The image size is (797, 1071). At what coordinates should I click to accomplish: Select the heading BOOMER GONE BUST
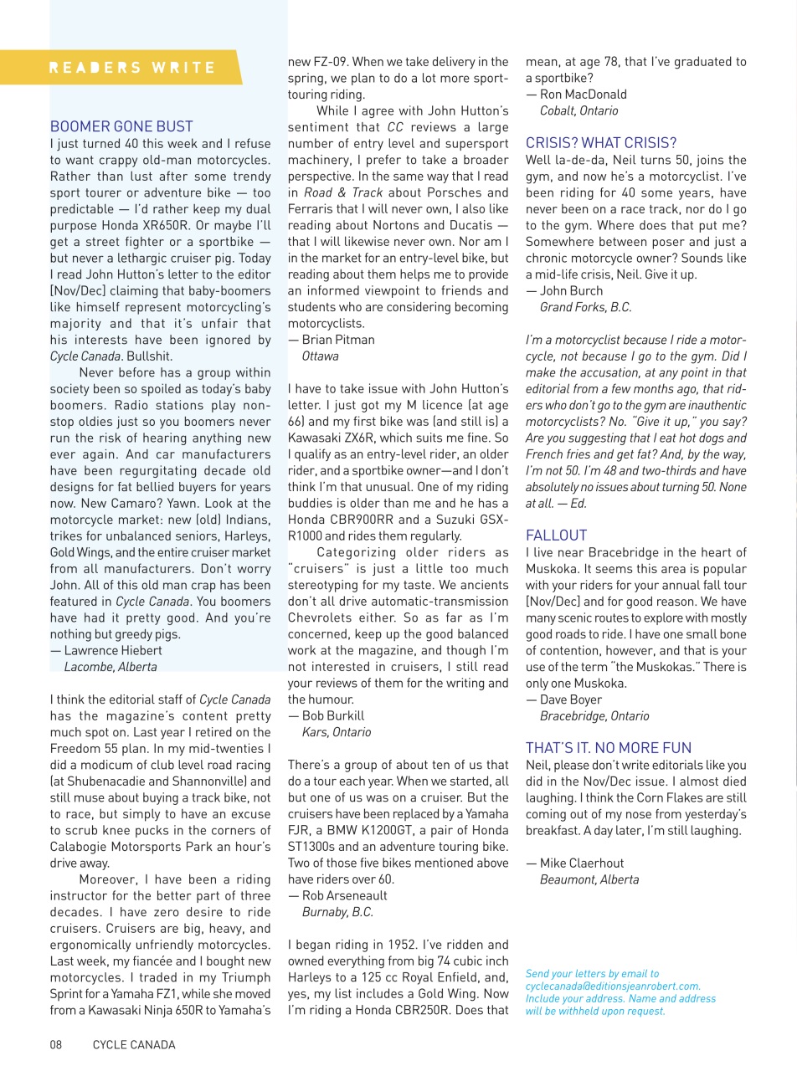click(x=121, y=127)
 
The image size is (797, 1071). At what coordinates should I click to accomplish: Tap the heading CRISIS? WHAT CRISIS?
click(x=601, y=143)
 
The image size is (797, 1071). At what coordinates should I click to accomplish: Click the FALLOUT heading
click(x=557, y=535)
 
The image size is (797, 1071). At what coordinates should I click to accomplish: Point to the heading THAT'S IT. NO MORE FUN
click(x=609, y=748)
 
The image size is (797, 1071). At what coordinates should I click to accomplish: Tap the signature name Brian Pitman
click(x=338, y=340)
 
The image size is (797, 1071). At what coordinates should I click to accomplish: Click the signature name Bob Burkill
click(x=333, y=715)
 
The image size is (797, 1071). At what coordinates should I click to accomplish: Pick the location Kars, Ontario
click(x=337, y=732)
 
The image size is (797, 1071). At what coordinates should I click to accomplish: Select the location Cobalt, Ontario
click(x=579, y=110)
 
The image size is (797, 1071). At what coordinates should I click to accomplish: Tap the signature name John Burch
click(x=571, y=290)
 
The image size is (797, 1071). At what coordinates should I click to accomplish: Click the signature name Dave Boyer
click(x=570, y=699)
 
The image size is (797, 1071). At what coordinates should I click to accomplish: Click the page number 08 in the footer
click(x=56, y=1044)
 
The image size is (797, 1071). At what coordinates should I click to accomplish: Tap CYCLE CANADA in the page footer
click(x=134, y=1044)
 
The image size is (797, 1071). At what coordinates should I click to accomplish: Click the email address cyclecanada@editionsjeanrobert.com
click(x=613, y=986)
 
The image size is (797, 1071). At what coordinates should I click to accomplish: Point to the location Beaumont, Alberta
click(x=589, y=879)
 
